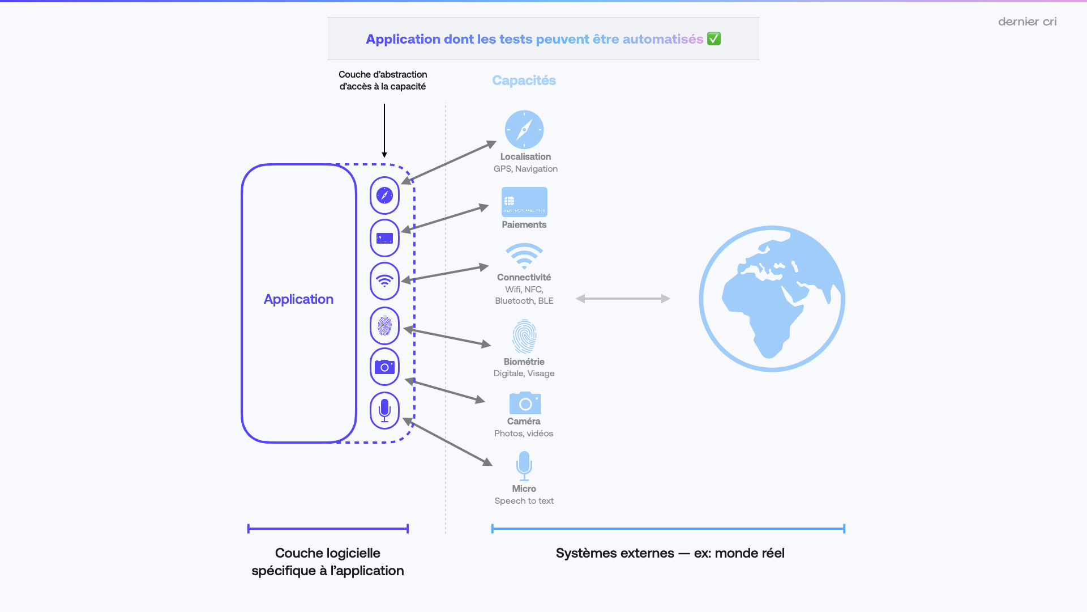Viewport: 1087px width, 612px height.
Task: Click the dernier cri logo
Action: coord(1027,22)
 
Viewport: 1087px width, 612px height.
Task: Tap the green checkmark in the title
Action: coord(714,39)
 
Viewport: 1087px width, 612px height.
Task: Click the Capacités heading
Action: coord(524,80)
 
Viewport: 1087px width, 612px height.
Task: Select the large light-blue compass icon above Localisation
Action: coord(524,130)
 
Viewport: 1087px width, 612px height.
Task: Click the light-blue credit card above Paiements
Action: coord(524,202)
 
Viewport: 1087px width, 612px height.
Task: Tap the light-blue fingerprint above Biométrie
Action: coord(524,336)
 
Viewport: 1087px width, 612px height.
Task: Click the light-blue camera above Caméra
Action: coord(525,403)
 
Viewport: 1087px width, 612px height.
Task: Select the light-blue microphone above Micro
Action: coord(524,465)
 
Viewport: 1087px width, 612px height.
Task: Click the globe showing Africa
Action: coord(772,299)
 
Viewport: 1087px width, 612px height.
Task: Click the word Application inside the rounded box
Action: coord(298,299)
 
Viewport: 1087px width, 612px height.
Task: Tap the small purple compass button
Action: coord(384,195)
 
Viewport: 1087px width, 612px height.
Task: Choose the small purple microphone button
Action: coord(384,410)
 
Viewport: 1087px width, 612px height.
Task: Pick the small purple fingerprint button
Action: coord(384,326)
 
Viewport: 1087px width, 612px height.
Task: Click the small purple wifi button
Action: coord(384,281)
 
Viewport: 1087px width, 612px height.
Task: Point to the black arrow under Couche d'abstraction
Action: coord(384,130)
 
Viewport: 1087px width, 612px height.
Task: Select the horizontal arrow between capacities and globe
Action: coord(623,299)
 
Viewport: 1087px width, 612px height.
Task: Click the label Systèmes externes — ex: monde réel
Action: coord(670,553)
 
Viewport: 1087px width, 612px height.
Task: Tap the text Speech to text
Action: coord(524,501)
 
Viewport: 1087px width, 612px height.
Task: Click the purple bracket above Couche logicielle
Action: coord(328,529)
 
